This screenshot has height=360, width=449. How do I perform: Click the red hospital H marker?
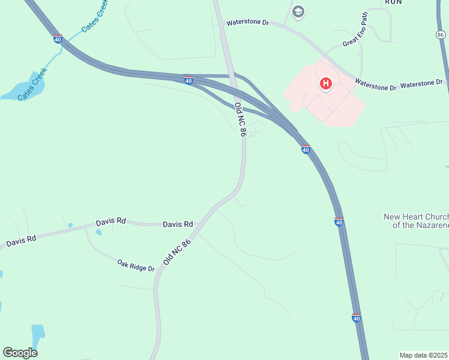click(325, 83)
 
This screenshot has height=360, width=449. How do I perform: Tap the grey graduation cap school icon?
click(298, 11)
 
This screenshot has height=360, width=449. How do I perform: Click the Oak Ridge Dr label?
click(136, 265)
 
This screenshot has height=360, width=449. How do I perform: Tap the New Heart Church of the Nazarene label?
click(416, 221)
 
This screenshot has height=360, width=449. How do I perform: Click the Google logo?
click(20, 353)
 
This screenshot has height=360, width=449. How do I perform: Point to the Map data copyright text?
click(424, 355)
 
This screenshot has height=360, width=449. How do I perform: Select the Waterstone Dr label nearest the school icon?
click(248, 23)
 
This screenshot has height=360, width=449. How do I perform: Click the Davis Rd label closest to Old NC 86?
click(178, 224)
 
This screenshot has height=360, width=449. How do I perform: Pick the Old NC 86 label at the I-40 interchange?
click(240, 120)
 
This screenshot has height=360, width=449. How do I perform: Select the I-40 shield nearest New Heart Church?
click(339, 222)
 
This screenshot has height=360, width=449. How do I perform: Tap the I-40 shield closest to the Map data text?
click(357, 318)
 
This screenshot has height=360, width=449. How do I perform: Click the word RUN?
click(393, 2)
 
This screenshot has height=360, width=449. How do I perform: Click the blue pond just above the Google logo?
click(38, 334)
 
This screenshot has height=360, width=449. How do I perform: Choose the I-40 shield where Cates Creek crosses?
click(58, 40)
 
